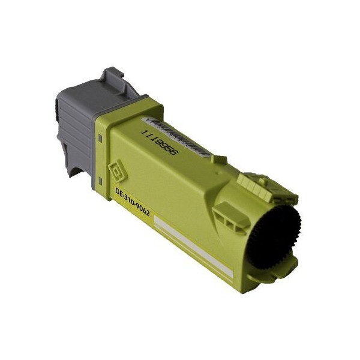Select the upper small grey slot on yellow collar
point(100,139)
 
